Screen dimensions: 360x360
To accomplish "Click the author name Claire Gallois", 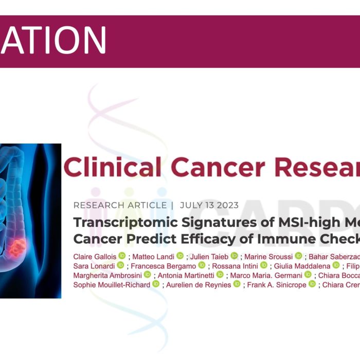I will coord(95,256).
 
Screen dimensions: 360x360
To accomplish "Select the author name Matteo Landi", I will coord(150,256).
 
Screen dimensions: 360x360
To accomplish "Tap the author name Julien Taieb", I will coord(207,256).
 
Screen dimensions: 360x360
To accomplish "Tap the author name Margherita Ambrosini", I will coord(108,275).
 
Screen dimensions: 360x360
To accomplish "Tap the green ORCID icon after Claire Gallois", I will coord(122,256).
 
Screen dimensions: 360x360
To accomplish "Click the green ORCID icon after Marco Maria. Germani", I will coord(308,275).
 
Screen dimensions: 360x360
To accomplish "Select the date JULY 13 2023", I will coord(209,205).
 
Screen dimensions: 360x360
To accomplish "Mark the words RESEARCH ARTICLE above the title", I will coord(120,205).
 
